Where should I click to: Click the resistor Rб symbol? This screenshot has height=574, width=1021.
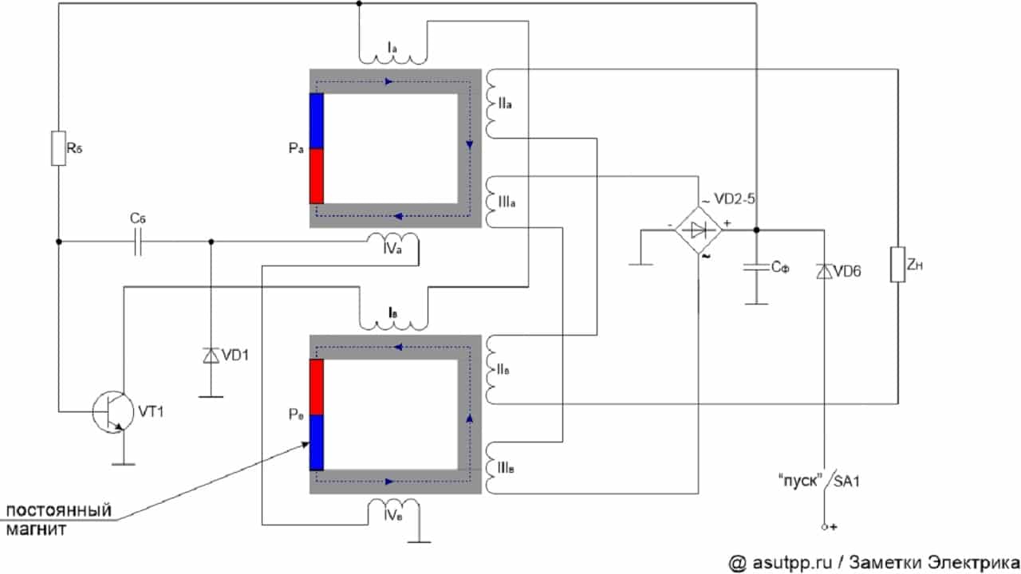coord(58,149)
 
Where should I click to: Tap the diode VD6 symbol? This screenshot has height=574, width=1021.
coord(822,272)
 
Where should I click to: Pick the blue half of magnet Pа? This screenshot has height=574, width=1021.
coord(317,121)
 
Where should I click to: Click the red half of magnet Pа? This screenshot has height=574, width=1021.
coord(317,176)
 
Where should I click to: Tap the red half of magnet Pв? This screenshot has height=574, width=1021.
coord(317,387)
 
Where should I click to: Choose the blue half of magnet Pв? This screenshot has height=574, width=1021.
coord(317,442)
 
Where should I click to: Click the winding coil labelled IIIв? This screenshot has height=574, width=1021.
coord(488,468)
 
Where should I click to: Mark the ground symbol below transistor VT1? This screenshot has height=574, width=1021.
coord(122,461)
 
